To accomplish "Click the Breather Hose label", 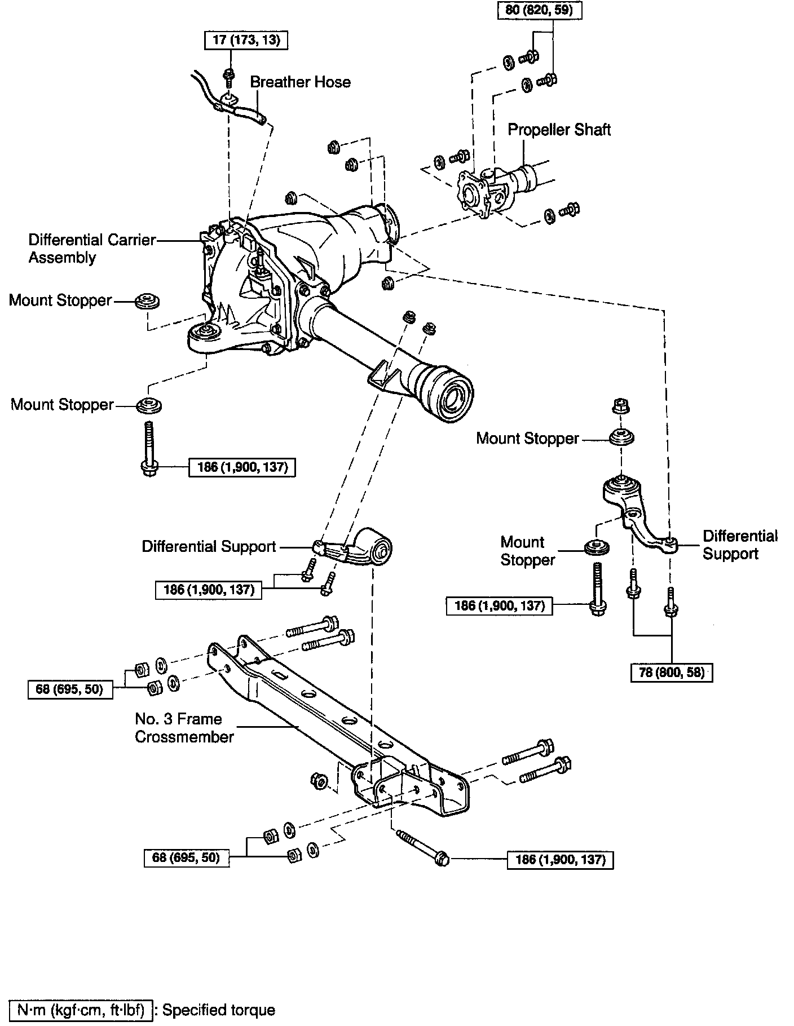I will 300,82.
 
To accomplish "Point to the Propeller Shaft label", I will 559,130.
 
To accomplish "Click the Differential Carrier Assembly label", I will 92,249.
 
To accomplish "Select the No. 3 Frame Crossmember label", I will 184,727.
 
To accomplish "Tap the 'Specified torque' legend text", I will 219,1010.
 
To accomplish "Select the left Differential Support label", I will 209,546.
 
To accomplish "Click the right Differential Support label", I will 739,545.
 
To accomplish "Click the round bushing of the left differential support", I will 382,547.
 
